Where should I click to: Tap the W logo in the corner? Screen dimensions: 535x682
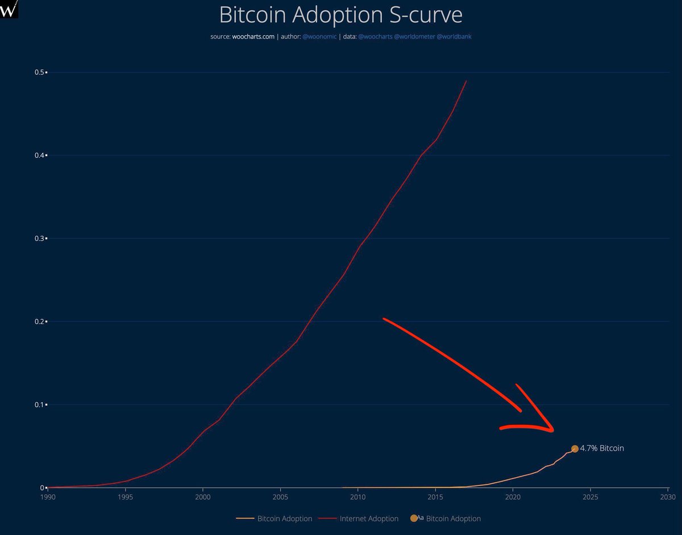click(10, 9)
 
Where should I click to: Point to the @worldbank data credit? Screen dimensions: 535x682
click(454, 37)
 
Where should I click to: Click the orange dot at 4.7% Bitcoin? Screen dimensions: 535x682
click(575, 449)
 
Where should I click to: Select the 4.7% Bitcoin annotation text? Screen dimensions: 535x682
click(602, 448)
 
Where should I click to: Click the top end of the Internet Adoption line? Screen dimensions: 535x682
click(466, 81)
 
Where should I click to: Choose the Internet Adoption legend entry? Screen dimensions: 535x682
click(364, 519)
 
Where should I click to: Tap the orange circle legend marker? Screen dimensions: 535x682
click(413, 519)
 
